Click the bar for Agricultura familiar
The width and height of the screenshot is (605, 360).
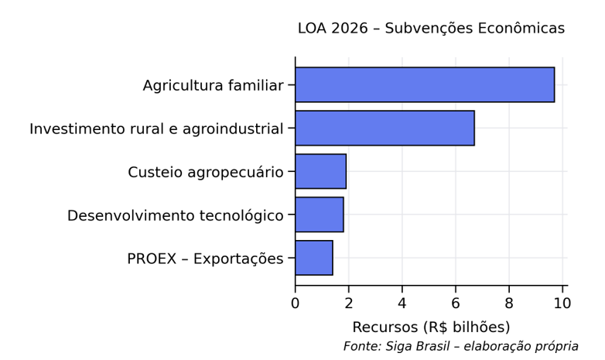(424, 84)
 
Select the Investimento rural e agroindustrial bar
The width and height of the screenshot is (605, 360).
(385, 128)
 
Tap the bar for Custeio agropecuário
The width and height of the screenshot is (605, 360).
(320, 171)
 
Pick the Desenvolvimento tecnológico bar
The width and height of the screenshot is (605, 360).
(319, 214)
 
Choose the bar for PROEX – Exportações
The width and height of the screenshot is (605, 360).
(313, 258)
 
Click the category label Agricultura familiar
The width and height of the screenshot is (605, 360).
(213, 85)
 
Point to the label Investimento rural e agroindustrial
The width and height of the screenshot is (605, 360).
(156, 129)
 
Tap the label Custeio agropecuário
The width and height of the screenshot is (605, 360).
(206, 172)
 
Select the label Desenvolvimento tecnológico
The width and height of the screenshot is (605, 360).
(175, 215)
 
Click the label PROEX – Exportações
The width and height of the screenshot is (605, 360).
(205, 259)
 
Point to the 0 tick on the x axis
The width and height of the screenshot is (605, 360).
(296, 302)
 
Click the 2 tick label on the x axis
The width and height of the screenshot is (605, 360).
(349, 302)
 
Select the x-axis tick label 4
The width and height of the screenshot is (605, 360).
(402, 302)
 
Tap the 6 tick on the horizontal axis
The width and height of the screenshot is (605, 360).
(456, 302)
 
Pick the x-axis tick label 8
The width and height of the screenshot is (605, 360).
(509, 302)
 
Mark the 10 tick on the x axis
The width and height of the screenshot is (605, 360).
(562, 302)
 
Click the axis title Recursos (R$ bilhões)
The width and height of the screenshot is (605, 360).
(431, 326)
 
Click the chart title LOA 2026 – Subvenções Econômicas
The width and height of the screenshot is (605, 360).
(431, 29)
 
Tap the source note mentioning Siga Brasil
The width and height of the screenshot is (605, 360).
(460, 346)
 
